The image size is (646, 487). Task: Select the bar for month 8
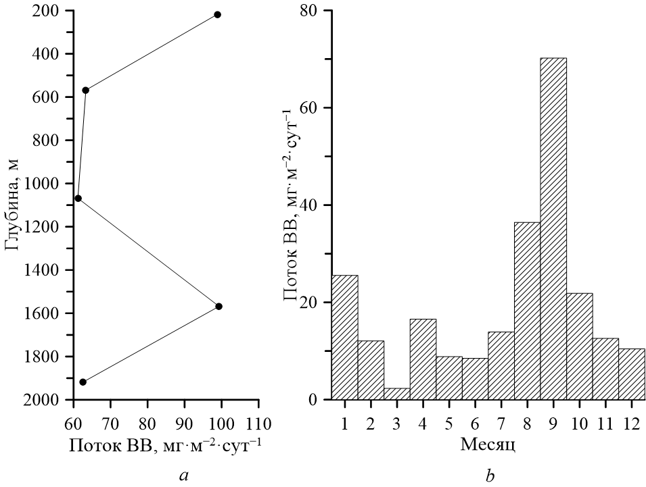tap(528, 311)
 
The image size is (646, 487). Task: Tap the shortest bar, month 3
tap(397, 394)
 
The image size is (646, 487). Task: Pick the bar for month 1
tap(345, 337)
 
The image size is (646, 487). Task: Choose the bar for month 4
tap(423, 359)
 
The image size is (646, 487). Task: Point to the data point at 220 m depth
tap(218, 15)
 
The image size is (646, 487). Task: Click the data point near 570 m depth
tap(86, 90)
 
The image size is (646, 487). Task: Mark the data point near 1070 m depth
tap(78, 198)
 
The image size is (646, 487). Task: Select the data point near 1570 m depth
tap(218, 306)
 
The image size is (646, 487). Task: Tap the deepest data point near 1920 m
tap(83, 382)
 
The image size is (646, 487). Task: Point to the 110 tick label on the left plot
tap(259, 424)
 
